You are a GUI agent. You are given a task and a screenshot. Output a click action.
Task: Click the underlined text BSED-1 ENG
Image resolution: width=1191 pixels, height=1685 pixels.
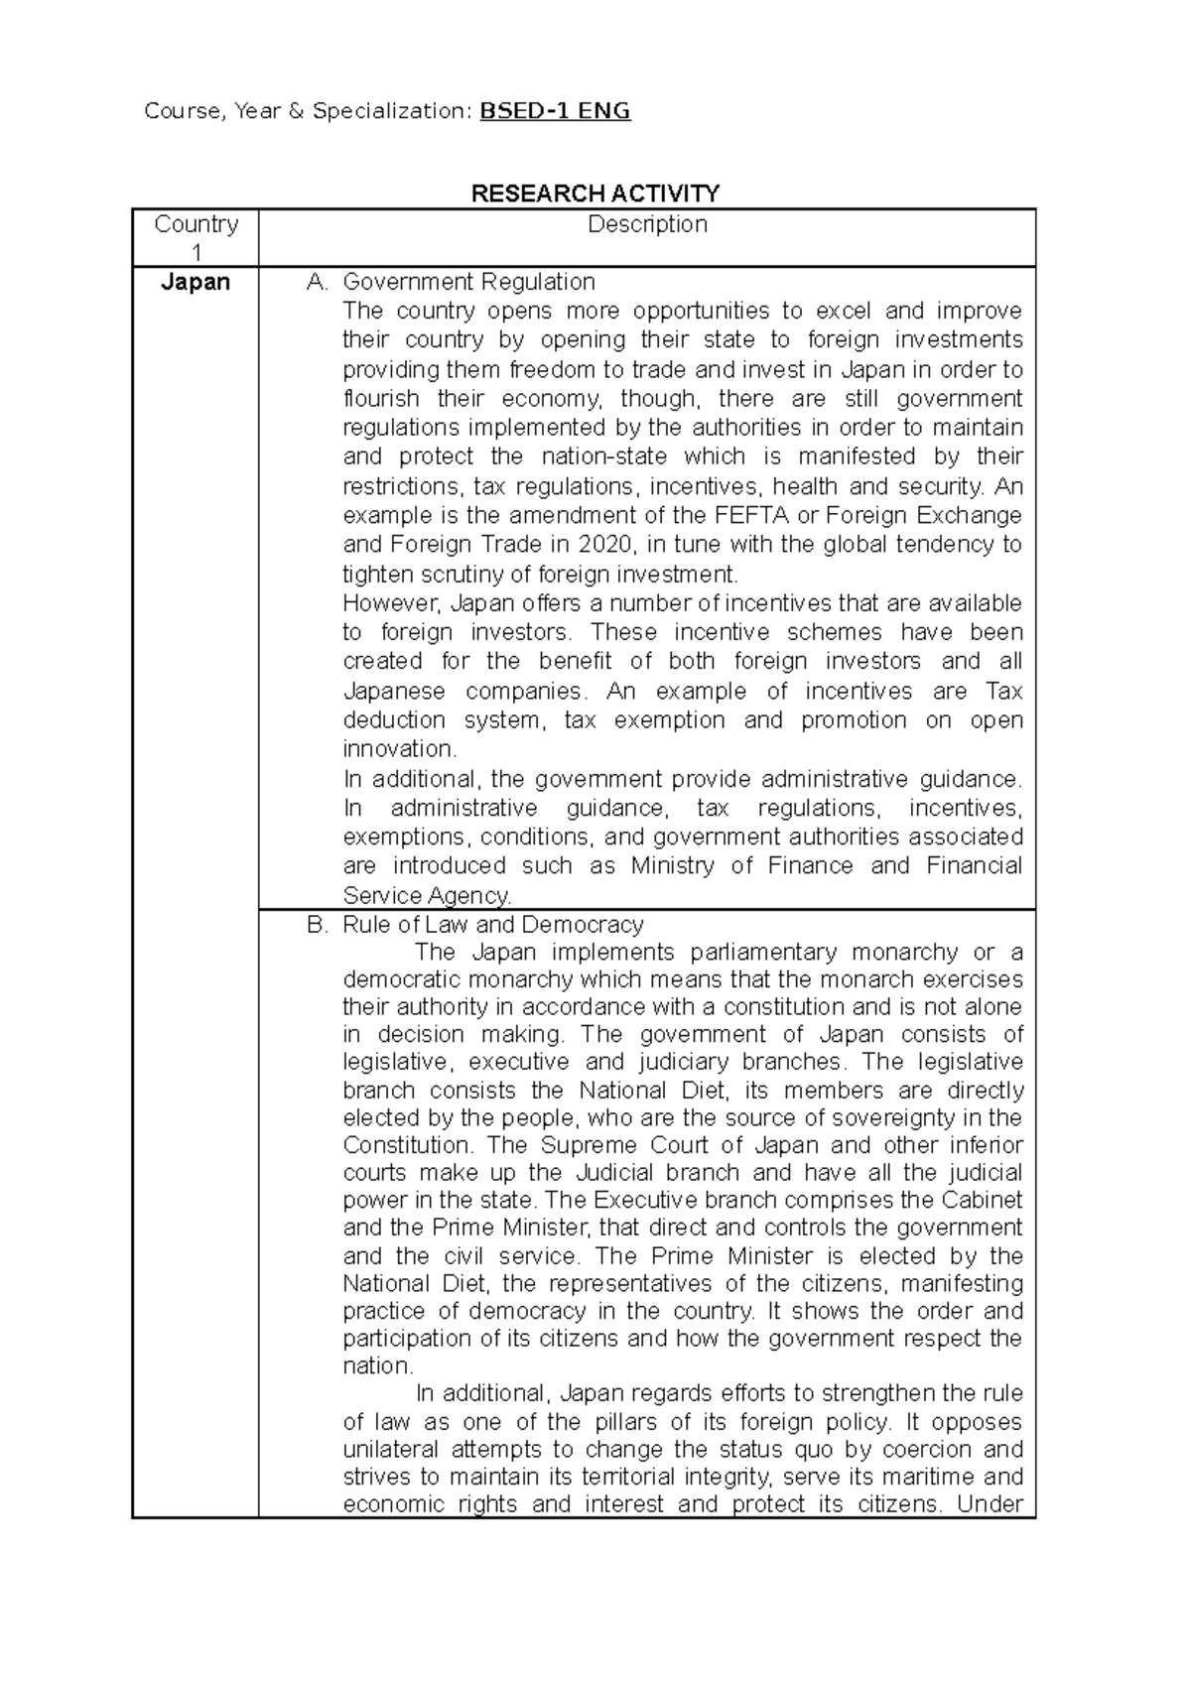tap(555, 111)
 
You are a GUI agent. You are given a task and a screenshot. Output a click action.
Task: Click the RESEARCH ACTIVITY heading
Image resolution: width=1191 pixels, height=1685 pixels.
tap(595, 193)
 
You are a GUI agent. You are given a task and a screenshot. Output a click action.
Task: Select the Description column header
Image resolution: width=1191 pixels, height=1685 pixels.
tap(647, 224)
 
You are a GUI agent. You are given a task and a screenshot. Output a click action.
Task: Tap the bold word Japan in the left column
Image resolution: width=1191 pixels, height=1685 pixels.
tap(196, 282)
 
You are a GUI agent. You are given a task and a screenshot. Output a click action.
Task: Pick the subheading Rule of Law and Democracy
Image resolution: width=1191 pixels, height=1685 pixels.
tap(492, 925)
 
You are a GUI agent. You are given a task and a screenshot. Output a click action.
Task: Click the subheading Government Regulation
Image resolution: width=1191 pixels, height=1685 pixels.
tap(468, 282)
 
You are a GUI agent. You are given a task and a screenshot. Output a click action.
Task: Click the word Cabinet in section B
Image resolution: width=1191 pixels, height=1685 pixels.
tap(982, 1201)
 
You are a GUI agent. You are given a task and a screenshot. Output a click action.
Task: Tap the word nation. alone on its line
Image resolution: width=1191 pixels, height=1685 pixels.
tap(377, 1366)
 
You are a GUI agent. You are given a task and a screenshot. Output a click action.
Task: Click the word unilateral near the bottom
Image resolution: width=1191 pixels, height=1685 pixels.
tap(390, 1450)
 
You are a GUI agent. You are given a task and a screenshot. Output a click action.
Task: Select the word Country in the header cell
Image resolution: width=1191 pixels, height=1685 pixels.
tap(196, 224)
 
